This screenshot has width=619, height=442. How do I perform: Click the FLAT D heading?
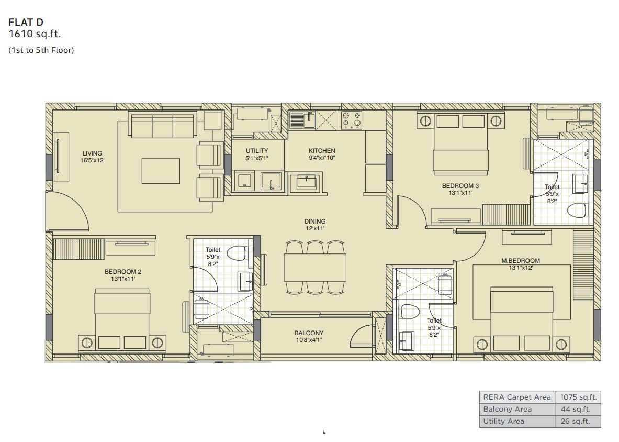[x=26, y=22]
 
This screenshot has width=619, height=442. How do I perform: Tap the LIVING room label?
[x=92, y=153]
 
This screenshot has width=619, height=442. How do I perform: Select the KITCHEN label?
[x=322, y=150]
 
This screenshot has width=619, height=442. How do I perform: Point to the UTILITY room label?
[x=256, y=150]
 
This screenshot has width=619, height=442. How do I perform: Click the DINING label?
[x=314, y=221]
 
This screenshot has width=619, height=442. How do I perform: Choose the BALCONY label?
[x=309, y=333]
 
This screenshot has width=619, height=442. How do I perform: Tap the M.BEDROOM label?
[x=520, y=261]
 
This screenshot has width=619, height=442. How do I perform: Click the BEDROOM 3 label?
[x=460, y=185]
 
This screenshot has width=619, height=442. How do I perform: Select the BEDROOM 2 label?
[x=123, y=272]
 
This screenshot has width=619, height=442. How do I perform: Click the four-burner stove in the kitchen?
[x=351, y=120]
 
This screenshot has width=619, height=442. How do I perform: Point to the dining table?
[x=315, y=268]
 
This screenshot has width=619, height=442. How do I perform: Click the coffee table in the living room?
[x=161, y=171]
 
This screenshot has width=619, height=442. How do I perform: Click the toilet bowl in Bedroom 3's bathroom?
[x=577, y=210]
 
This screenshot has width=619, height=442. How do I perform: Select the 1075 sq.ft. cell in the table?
[x=579, y=397]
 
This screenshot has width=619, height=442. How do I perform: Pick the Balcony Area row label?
[x=507, y=409]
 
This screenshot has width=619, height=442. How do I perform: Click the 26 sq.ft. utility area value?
[x=575, y=421]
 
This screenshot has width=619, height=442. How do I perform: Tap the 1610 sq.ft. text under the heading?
[x=35, y=34]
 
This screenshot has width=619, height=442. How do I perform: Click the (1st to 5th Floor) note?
[x=41, y=50]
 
